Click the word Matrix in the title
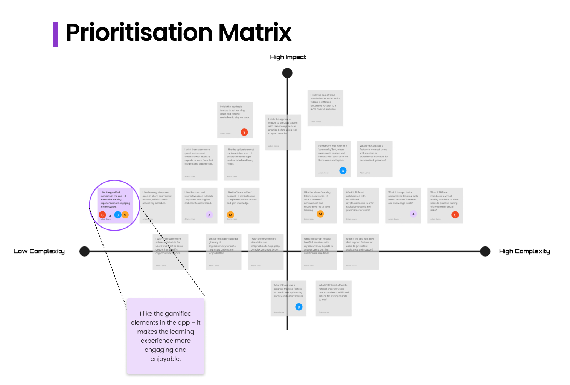(255, 32)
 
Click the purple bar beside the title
(55, 35)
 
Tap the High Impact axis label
(288, 57)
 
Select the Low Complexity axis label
(39, 251)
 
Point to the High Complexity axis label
(524, 251)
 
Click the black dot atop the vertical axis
(287, 73)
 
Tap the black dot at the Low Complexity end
(85, 251)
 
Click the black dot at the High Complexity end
(485, 251)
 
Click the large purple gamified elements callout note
(166, 336)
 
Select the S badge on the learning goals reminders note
(244, 132)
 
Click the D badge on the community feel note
(343, 171)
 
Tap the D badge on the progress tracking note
(299, 307)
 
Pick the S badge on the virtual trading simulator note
(455, 215)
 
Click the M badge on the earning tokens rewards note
(320, 214)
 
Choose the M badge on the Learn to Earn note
(230, 215)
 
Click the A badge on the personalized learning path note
(413, 214)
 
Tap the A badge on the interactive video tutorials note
(209, 215)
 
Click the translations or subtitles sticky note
(325, 108)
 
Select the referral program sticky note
(334, 298)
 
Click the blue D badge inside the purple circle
(118, 215)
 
